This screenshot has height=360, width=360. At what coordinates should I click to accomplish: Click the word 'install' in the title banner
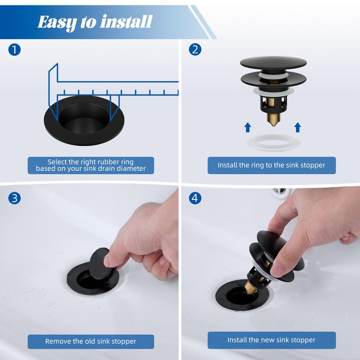(x=126, y=22)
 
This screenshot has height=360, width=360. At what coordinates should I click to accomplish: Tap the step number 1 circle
(x=14, y=49)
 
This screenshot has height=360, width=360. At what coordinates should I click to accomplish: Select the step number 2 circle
(x=195, y=49)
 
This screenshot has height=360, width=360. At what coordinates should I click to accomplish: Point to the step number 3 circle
(x=14, y=198)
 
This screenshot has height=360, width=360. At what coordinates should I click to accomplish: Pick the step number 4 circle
(x=195, y=198)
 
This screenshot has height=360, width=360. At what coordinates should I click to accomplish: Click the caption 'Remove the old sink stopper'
(x=91, y=342)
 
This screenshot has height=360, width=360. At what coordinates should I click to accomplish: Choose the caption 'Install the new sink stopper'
(x=271, y=340)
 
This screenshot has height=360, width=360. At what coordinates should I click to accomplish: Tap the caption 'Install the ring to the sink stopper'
(x=271, y=165)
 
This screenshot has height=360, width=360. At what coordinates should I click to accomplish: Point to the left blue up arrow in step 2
(x=247, y=127)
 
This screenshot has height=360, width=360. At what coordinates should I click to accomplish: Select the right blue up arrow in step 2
(x=297, y=127)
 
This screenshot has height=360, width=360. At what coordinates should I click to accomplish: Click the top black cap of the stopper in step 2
(x=273, y=63)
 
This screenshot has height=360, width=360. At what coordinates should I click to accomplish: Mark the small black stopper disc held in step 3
(x=102, y=263)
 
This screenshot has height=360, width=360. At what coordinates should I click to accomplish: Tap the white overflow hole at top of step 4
(x=279, y=193)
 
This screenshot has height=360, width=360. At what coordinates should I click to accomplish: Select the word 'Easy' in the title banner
(x=57, y=22)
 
